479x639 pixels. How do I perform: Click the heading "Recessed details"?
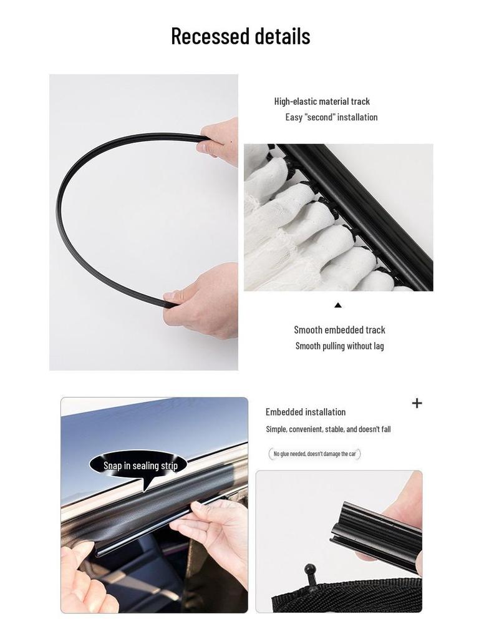coord(240,36)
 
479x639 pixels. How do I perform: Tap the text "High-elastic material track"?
coord(322,101)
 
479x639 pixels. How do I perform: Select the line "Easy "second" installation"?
coord(331,117)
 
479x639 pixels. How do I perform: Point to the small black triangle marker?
coord(338,305)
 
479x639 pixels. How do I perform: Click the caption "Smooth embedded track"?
coord(339,329)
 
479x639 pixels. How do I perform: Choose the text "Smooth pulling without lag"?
coord(339,346)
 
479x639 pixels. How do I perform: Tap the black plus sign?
coord(417,403)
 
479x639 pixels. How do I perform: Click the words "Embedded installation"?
coord(305,412)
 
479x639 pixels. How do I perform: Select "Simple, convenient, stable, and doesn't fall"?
coord(328,429)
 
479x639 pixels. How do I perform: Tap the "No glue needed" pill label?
coord(314,454)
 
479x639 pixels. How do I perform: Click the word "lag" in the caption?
coord(379,346)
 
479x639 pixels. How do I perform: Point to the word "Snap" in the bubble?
coord(112,466)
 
